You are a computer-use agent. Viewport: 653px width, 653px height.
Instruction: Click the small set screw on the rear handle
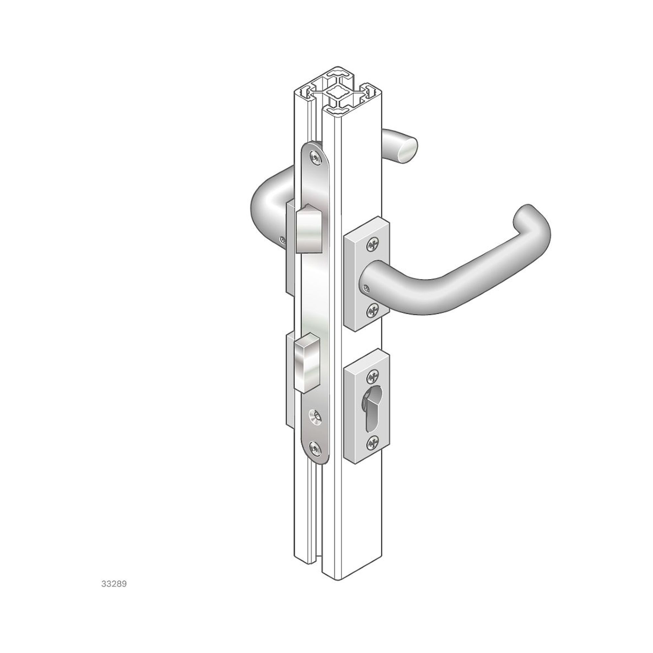(282, 240)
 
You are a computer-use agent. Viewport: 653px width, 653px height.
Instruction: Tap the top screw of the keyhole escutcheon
(373, 376)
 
